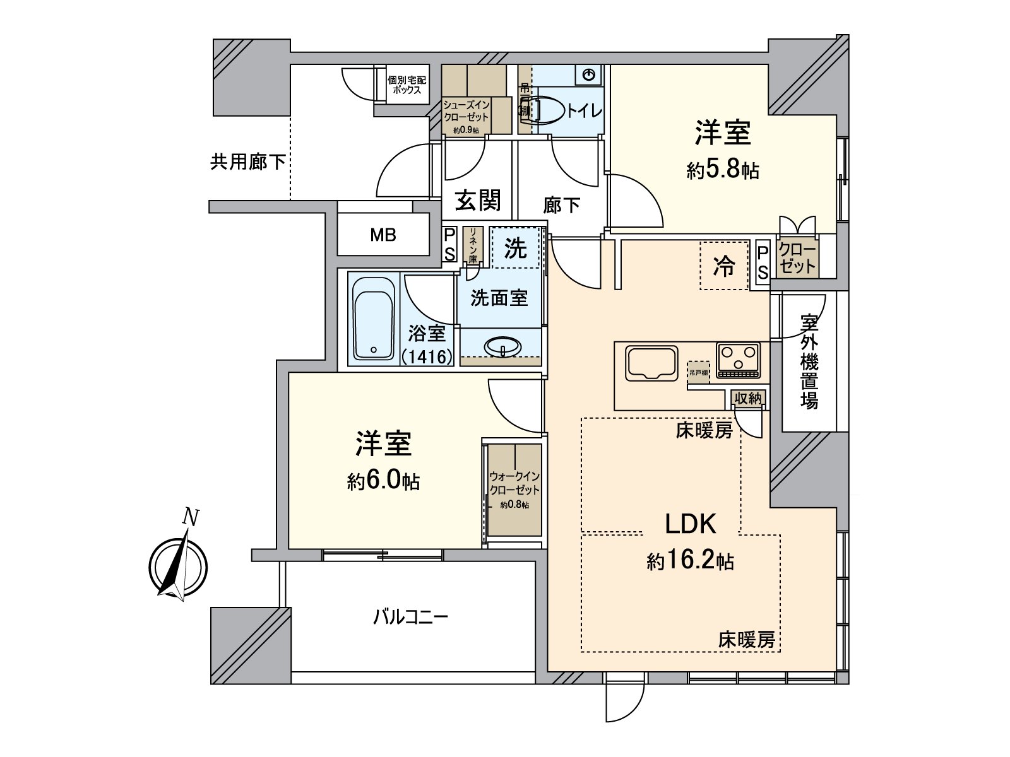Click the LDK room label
690,524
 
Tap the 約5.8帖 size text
723,170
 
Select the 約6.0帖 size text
383,482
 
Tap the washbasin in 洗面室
502,346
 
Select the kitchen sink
651,363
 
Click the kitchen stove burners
738,360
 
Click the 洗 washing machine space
515,249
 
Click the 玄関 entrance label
478,201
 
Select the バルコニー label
410,616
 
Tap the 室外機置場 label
809,362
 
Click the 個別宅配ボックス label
407,85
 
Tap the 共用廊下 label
247,163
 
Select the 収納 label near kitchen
748,398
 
